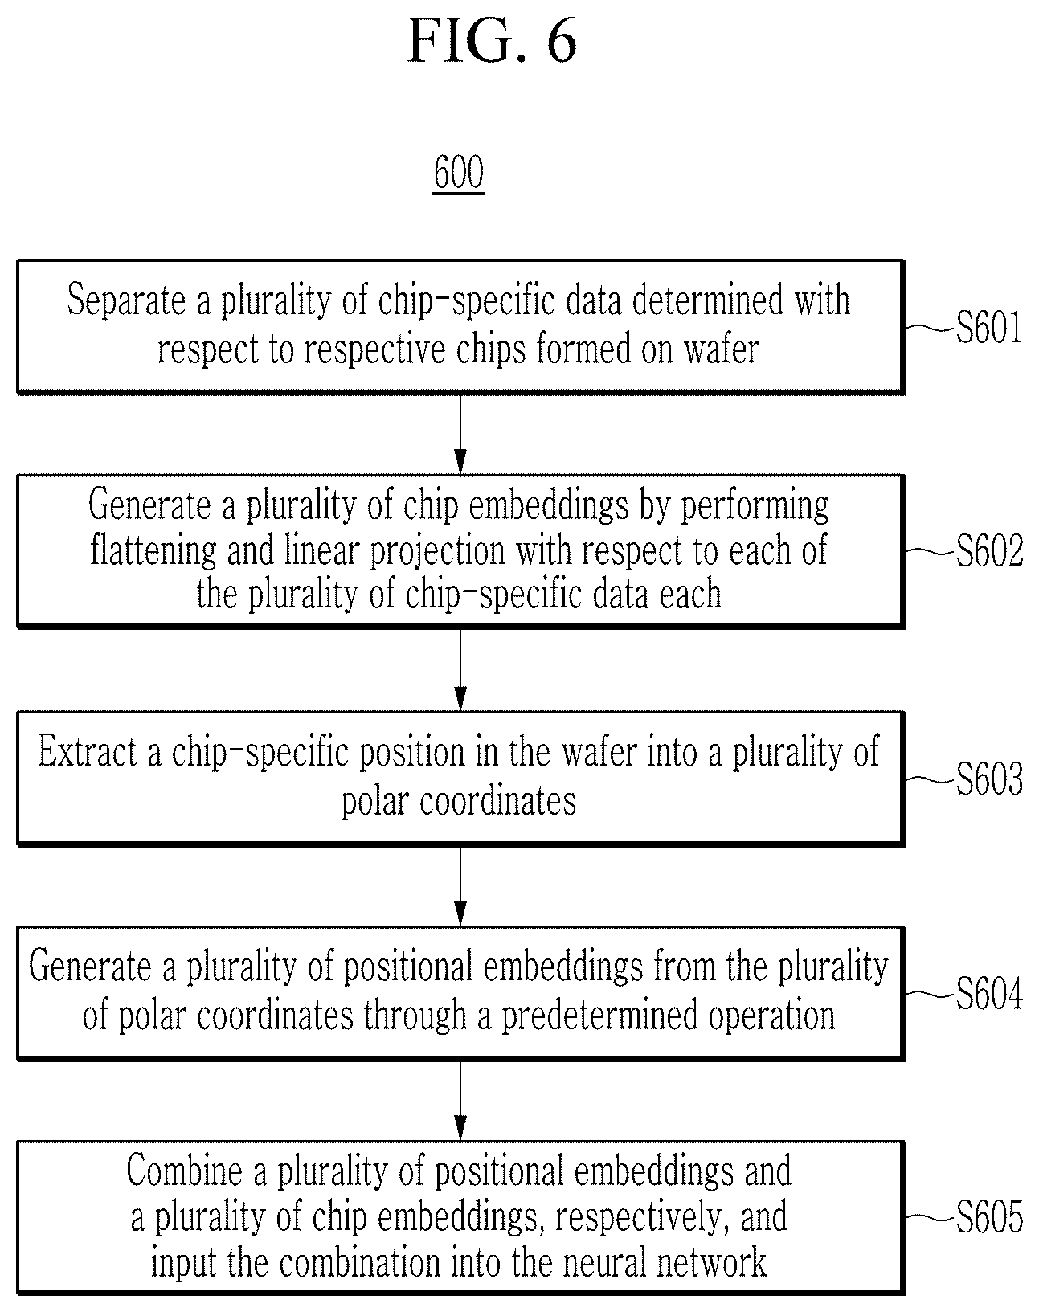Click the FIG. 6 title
click(492, 41)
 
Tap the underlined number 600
click(459, 173)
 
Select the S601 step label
click(988, 327)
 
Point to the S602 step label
click(988, 550)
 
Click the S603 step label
click(988, 779)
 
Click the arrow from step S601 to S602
click(460, 434)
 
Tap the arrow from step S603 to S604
click(460, 886)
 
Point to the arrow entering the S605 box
click(460, 1101)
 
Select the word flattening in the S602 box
click(153, 550)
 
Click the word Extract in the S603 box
click(88, 751)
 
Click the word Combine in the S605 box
click(184, 1171)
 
